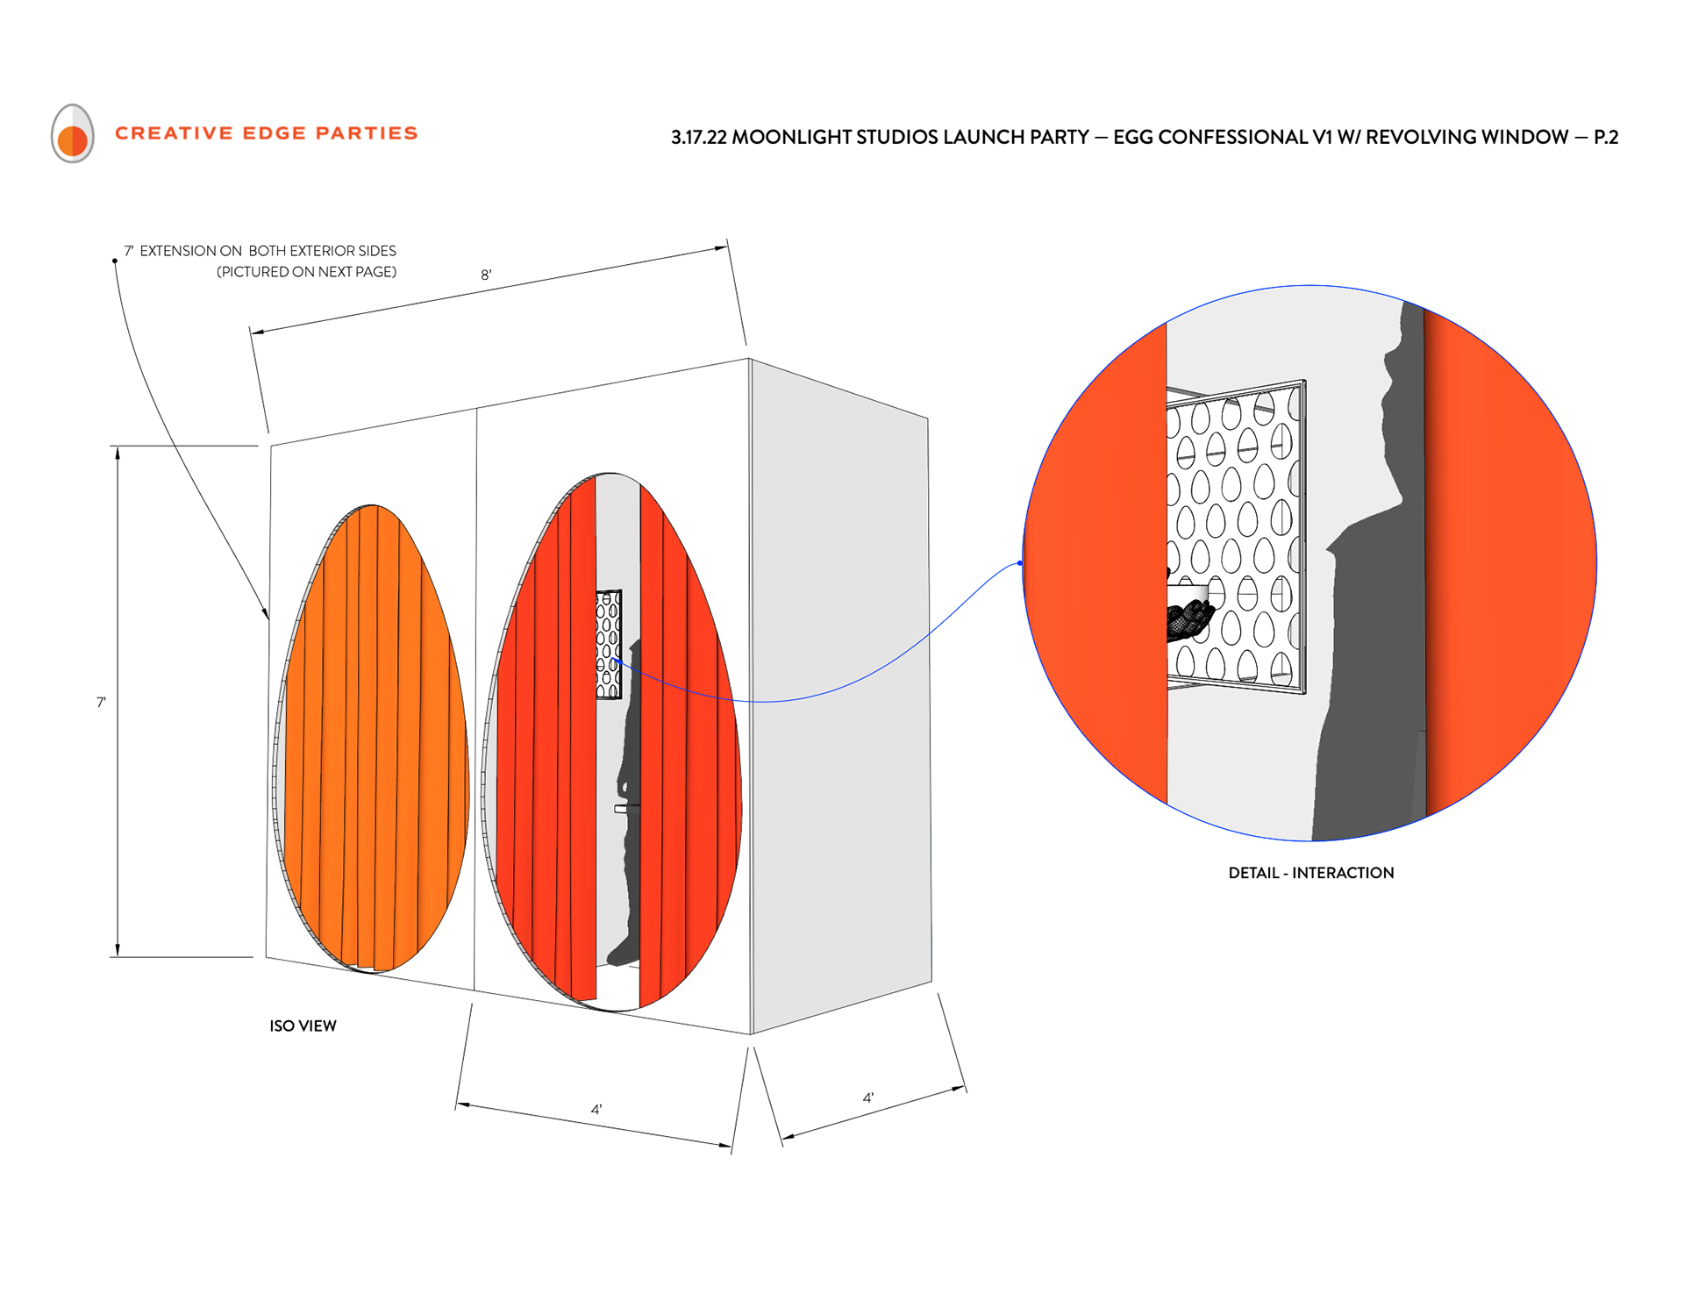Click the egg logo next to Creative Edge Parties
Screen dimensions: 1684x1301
point(72,133)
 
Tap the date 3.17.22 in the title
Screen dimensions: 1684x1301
point(698,138)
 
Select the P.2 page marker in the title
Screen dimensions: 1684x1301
point(1605,138)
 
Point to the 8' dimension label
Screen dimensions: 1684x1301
point(486,275)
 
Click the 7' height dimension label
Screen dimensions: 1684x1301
point(101,702)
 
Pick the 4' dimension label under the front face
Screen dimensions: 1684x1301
point(596,1110)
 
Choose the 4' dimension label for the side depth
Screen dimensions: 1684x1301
point(867,1097)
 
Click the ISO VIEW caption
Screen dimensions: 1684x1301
point(303,1026)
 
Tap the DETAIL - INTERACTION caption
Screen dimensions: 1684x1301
point(1310,873)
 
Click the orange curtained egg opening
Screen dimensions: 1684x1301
point(373,737)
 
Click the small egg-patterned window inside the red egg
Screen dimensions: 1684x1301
point(609,644)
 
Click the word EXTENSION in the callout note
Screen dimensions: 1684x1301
point(178,251)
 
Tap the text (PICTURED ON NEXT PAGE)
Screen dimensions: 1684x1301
point(306,272)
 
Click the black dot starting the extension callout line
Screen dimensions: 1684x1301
point(115,261)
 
